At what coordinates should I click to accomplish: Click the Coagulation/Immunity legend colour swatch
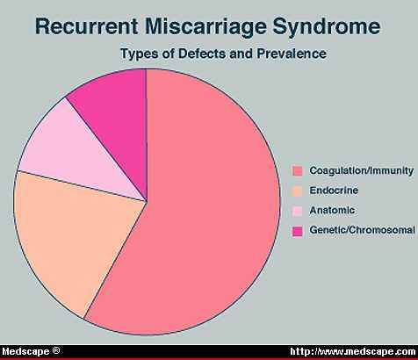pyautogui.click(x=298, y=171)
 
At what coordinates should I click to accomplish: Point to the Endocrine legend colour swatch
pyautogui.click(x=298, y=191)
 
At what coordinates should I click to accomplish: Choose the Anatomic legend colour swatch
pyautogui.click(x=298, y=211)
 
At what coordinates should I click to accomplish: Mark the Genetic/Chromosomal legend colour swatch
pyautogui.click(x=298, y=231)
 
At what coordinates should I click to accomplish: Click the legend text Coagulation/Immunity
pyautogui.click(x=362, y=170)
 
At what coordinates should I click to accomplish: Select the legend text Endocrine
pyautogui.click(x=334, y=191)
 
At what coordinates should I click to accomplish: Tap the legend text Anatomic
pyautogui.click(x=332, y=210)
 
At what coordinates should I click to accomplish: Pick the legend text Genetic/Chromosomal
pyautogui.click(x=362, y=230)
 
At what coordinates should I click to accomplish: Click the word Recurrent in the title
pyautogui.click(x=87, y=26)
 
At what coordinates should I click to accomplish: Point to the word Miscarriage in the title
pyautogui.click(x=205, y=27)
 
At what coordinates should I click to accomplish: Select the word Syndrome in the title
pyautogui.click(x=327, y=27)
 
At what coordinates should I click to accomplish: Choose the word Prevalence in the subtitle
pyautogui.click(x=292, y=54)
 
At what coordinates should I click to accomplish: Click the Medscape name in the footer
pyautogui.click(x=25, y=351)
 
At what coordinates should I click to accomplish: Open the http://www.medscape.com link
pyautogui.click(x=352, y=351)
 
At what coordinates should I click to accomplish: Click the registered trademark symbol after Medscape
pyautogui.click(x=56, y=350)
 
